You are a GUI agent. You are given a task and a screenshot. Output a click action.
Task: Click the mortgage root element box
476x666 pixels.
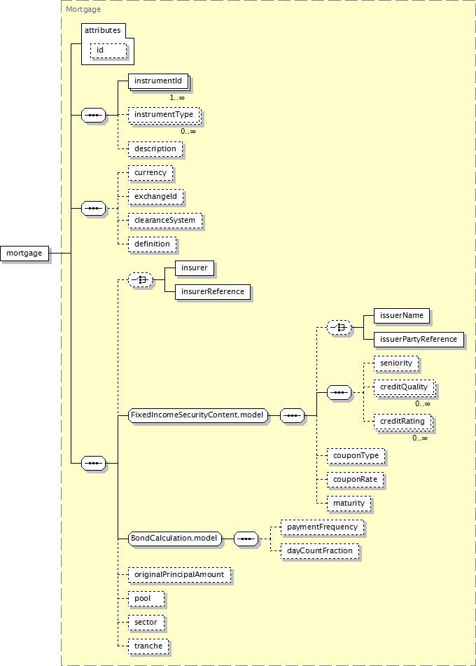pyautogui.click(x=24, y=254)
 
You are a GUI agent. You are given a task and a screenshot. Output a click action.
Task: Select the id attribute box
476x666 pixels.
pyautogui.click(x=108, y=50)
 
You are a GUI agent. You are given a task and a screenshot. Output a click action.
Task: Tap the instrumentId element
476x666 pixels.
pyautogui.click(x=159, y=81)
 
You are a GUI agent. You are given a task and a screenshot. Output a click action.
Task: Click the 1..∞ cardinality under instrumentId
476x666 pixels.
pyautogui.click(x=177, y=97)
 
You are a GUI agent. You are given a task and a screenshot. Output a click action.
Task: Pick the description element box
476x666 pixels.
pyautogui.click(x=155, y=149)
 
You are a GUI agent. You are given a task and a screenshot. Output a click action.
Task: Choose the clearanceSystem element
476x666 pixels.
pyautogui.click(x=165, y=221)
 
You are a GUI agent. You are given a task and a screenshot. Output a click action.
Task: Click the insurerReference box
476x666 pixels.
pyautogui.click(x=213, y=292)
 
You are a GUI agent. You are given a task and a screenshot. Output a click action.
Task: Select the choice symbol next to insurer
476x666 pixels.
pyautogui.click(x=140, y=280)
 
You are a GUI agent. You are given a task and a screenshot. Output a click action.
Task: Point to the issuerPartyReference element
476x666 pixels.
pyautogui.click(x=419, y=340)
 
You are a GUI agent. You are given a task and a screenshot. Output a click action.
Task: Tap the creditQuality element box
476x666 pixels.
pyautogui.click(x=405, y=388)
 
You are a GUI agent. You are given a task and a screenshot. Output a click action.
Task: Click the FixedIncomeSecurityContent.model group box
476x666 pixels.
pyautogui.click(x=198, y=415)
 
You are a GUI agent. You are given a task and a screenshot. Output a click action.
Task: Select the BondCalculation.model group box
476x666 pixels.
pyautogui.click(x=175, y=539)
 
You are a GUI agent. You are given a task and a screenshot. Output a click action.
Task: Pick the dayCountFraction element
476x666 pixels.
pyautogui.click(x=320, y=551)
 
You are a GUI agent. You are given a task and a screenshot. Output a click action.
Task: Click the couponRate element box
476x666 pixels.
pyautogui.click(x=355, y=480)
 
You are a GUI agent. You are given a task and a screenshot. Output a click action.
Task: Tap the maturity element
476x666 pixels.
pyautogui.click(x=349, y=504)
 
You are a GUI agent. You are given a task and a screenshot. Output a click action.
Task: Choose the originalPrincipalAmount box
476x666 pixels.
pyautogui.click(x=180, y=575)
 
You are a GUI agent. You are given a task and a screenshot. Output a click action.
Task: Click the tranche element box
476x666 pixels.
pyautogui.click(x=148, y=646)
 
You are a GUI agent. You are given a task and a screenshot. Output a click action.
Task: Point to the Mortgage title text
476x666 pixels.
pyautogui.click(x=83, y=9)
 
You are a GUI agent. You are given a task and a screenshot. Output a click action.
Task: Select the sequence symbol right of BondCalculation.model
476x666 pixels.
pyautogui.click(x=246, y=539)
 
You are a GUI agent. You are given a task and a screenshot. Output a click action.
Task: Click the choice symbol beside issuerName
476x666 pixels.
pyautogui.click(x=339, y=328)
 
